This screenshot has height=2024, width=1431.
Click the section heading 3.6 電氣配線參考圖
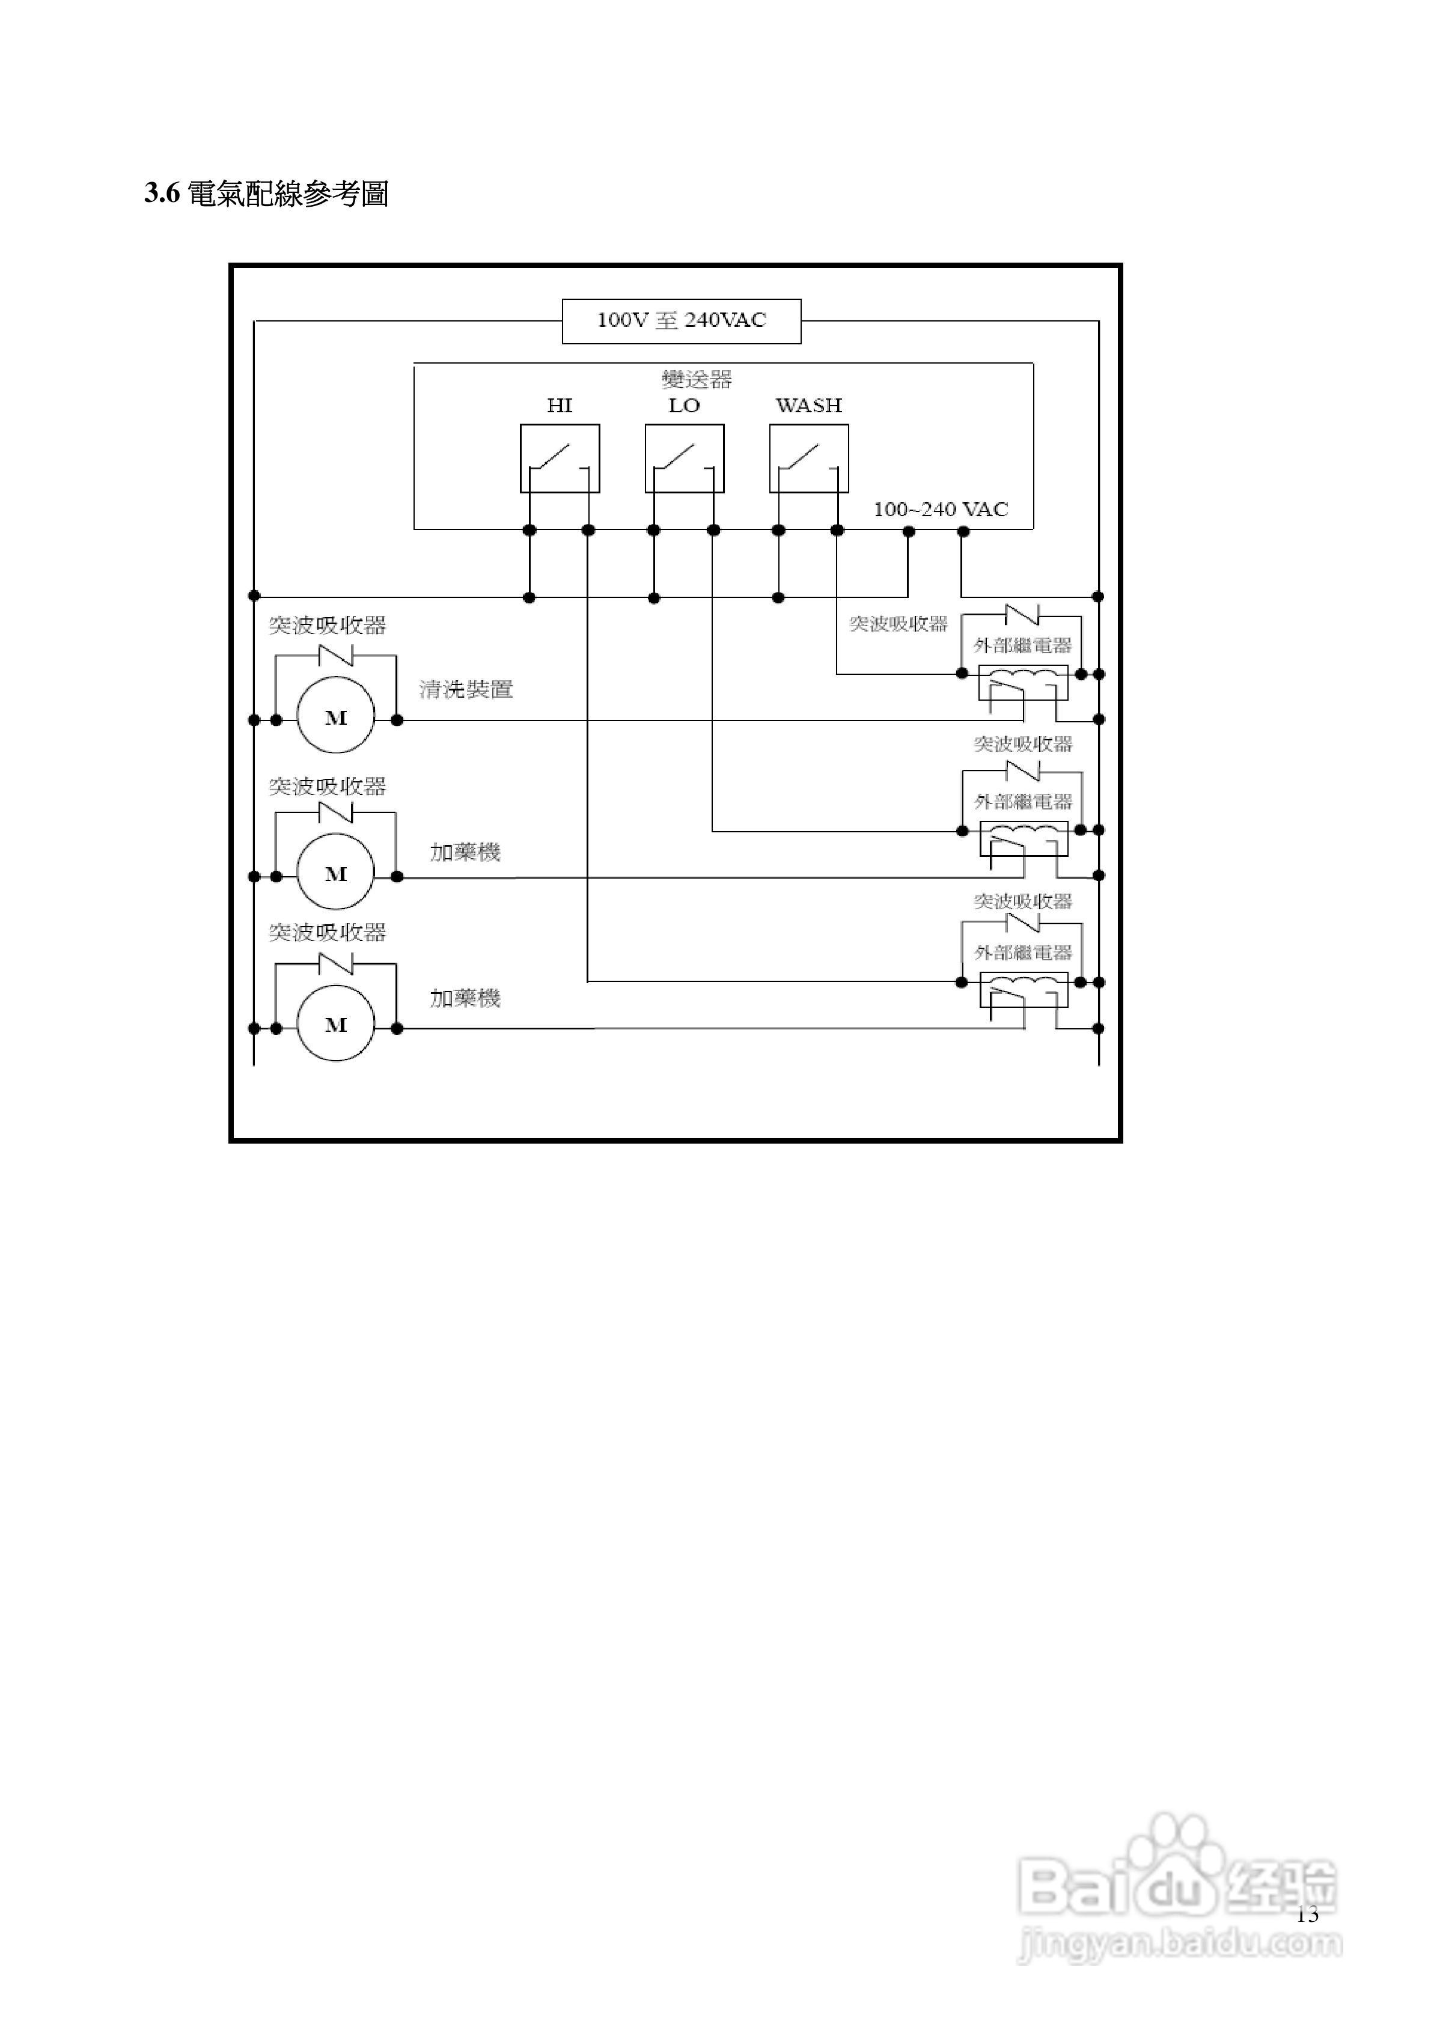[266, 194]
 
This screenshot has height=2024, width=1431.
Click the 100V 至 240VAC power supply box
[682, 321]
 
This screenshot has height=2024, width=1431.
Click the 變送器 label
[697, 380]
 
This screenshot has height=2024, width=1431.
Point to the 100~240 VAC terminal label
[941, 510]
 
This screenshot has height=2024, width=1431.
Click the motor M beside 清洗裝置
[336, 718]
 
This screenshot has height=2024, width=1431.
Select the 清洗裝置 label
[466, 689]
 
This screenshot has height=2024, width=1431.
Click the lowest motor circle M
[336, 1025]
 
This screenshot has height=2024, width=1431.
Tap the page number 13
[1308, 1915]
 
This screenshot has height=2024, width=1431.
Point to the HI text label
[560, 406]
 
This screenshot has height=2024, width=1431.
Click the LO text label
[684, 406]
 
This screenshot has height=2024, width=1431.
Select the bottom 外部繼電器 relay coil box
[1024, 990]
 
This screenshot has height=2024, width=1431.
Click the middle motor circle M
[336, 874]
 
